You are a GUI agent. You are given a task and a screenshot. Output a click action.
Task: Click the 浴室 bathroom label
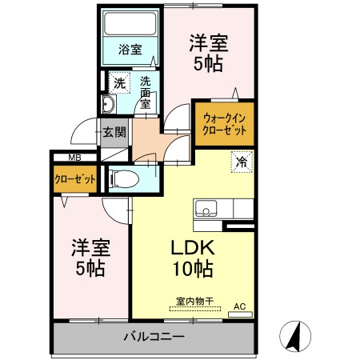click(130, 49)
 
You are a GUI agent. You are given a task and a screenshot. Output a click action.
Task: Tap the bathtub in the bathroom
click(130, 25)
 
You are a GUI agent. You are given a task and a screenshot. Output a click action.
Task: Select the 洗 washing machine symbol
click(118, 82)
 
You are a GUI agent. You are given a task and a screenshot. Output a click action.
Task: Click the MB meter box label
click(74, 158)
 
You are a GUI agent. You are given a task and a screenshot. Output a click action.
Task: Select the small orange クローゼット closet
click(74, 179)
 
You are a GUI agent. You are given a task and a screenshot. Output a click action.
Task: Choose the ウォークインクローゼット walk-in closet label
click(224, 123)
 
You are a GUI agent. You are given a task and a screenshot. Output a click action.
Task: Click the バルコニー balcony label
click(154, 336)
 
